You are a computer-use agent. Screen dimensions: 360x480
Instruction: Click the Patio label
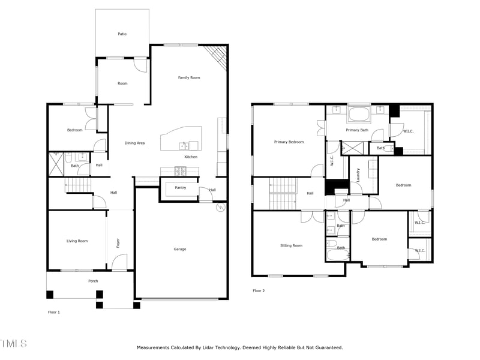pos(122,34)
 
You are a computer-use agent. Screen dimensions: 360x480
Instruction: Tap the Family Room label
pos(189,77)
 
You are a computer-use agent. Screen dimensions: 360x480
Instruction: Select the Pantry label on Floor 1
pos(180,188)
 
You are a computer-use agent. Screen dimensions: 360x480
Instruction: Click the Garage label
pos(180,249)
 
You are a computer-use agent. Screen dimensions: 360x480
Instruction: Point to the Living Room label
pos(77,241)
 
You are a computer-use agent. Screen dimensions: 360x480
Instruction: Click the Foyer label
pos(118,243)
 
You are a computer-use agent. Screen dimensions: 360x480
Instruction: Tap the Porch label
pos(93,281)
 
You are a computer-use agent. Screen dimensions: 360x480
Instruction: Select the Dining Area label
pos(134,143)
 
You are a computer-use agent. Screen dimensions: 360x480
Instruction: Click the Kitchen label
pos(191,157)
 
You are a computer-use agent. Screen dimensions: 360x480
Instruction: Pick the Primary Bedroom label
pos(289,142)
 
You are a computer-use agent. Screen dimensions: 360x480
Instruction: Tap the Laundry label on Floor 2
pos(358,175)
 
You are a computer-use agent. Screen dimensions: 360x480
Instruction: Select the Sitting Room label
pos(291,245)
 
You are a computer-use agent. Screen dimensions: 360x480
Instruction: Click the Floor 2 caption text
pos(259,290)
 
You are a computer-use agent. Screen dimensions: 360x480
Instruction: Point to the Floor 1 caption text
pos(54,312)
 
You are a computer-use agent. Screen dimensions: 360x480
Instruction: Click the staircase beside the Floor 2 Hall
pos(283,194)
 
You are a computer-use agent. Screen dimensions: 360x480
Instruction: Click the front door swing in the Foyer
pos(120,262)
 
